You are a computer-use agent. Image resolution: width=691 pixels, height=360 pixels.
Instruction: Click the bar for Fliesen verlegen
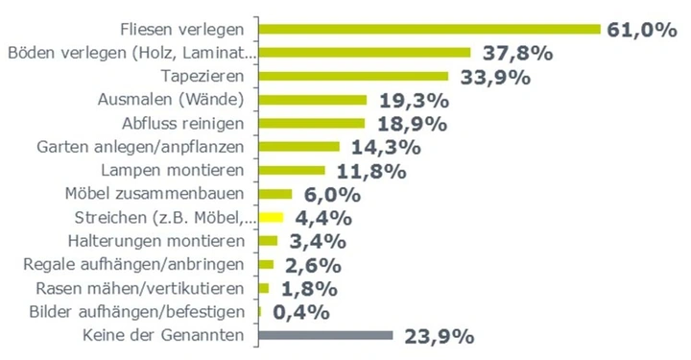coord(429,29)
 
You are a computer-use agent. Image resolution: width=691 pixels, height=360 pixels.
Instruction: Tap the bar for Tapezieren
coord(353,76)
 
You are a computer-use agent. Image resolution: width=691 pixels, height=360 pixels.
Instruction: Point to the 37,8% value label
coord(514,54)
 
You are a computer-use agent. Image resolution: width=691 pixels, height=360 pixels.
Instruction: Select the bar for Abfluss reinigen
coord(312,123)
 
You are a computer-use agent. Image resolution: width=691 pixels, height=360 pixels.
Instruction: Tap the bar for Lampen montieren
coord(292,170)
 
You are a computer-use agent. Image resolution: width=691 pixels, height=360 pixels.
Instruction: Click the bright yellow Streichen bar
coord(273,217)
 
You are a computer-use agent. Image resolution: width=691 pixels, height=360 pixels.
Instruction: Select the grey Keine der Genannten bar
coord(325,335)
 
